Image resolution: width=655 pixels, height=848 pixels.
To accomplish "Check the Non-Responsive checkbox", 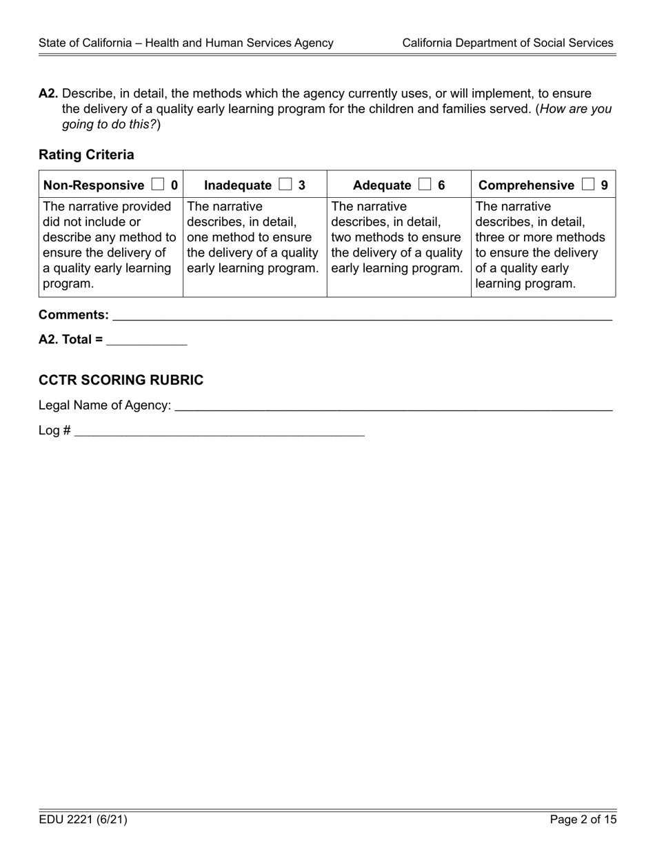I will click(x=158, y=185).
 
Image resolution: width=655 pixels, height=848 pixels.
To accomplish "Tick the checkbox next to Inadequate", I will click(x=285, y=185).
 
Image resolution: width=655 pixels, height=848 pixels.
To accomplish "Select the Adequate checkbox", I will click(x=424, y=185).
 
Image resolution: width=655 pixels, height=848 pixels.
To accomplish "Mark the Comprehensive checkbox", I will click(x=587, y=185).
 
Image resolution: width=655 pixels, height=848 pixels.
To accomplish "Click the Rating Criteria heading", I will click(x=86, y=154).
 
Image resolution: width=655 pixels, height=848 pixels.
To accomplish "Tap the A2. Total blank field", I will click(x=146, y=339).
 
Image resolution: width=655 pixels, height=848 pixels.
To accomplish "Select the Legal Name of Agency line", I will click(x=393, y=405).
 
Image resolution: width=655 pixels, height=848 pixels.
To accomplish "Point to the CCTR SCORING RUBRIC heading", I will click(x=121, y=380).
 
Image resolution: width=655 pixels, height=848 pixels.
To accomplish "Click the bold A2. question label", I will click(x=48, y=93).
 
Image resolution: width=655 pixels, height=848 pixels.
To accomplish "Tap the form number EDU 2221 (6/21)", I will click(x=83, y=820).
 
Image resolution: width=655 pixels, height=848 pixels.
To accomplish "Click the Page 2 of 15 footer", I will click(x=583, y=820).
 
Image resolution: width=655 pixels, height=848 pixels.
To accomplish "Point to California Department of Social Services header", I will click(x=507, y=43).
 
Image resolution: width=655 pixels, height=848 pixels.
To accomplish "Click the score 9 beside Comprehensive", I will click(x=604, y=185).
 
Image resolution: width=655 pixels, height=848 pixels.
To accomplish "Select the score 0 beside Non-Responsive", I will click(x=174, y=185).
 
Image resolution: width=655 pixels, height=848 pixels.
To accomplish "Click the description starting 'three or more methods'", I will click(x=540, y=237).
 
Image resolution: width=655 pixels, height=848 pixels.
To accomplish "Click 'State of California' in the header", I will click(x=84, y=43).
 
